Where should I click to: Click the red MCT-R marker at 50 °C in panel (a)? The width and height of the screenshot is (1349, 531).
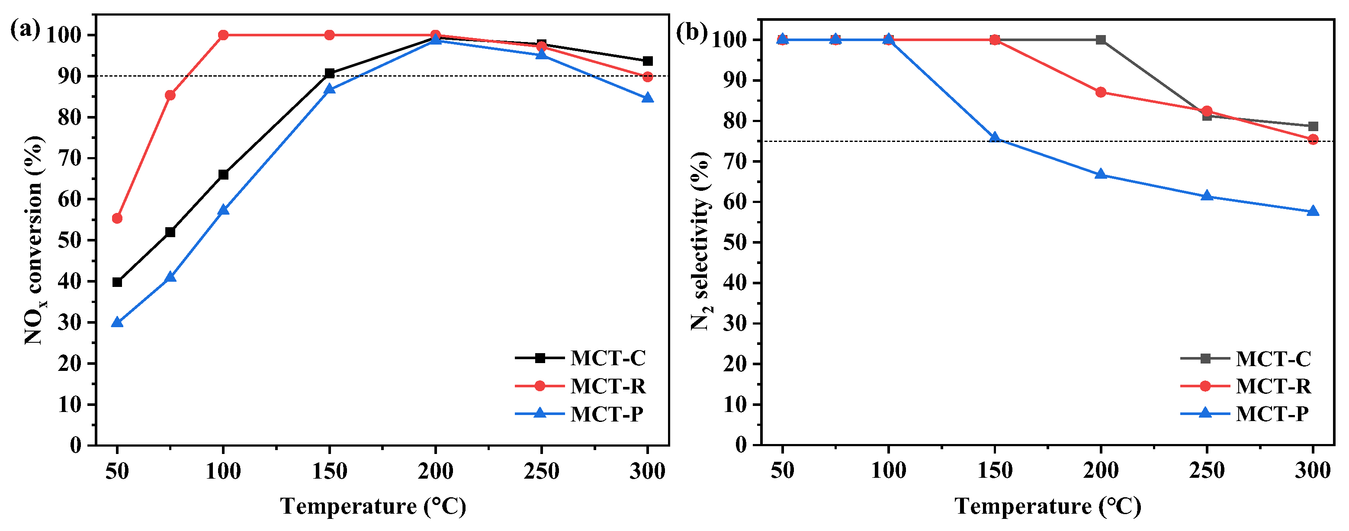117,219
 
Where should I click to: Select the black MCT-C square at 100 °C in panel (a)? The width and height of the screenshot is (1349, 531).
223,174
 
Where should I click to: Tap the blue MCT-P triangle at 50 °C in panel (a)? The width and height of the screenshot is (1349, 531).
117,322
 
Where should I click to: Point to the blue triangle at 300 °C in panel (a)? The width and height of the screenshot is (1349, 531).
648,98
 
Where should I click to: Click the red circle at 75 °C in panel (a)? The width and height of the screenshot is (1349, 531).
170,95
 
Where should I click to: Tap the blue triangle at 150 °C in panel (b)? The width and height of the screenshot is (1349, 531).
995,138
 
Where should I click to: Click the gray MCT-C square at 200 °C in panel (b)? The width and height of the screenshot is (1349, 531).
1101,40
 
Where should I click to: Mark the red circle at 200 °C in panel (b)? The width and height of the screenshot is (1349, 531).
1101,92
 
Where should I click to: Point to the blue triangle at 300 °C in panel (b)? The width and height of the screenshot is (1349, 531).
1313,212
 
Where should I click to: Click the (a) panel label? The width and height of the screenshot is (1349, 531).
25,29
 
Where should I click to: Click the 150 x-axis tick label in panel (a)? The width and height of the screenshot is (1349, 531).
329,471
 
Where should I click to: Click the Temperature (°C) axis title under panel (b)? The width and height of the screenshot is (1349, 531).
1047,506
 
